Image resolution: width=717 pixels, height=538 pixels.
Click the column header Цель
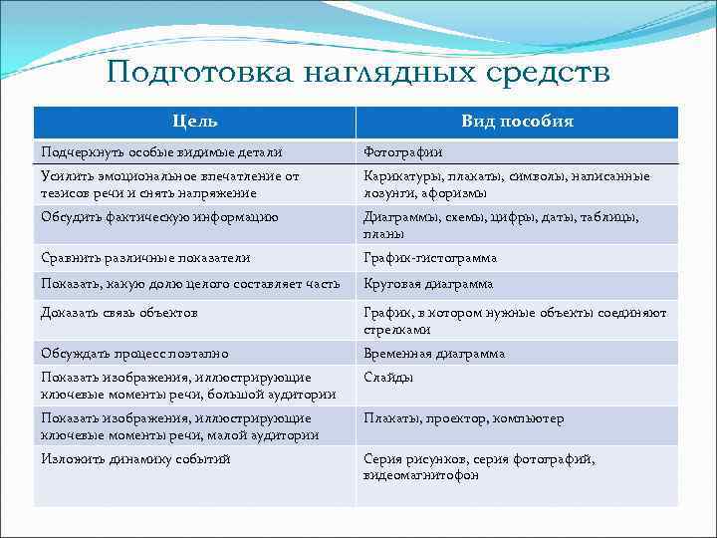pos(195,122)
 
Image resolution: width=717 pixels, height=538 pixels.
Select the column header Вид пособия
pos(517,122)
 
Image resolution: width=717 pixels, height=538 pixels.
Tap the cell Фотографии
pos(403,152)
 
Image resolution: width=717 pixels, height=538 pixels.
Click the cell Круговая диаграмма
pos(428,285)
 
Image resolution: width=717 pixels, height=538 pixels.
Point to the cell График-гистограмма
pos(430,258)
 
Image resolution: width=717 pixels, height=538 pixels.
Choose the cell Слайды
pos(388,379)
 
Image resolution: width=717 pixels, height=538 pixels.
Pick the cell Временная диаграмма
pos(434,354)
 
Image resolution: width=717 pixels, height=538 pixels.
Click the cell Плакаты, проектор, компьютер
pos(464,419)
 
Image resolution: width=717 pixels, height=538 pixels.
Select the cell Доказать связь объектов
pos(119,313)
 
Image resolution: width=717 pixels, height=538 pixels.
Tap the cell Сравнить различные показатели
pos(145,258)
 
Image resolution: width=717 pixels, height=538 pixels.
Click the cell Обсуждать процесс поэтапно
pos(134,354)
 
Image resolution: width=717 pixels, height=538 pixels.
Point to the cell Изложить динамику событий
pos(135,459)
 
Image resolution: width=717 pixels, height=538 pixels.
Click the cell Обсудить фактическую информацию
pos(159,217)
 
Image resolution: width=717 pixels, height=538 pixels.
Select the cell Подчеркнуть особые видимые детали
pos(161,152)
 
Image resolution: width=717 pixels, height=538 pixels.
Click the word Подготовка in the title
pos(188,74)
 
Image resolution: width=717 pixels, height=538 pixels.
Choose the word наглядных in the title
pos(379,74)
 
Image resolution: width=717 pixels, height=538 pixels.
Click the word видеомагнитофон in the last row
pos(421,476)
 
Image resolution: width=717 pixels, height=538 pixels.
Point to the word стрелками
pos(397,330)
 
